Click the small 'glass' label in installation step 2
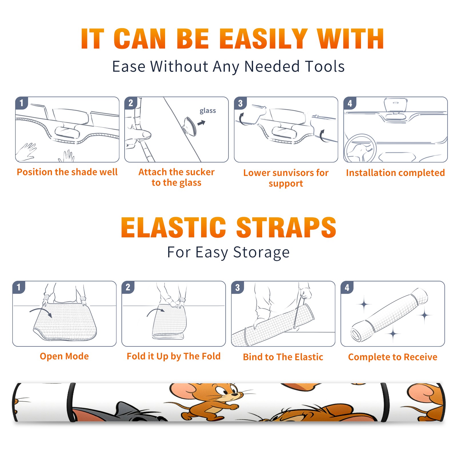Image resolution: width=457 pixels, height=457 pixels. (x=208, y=111)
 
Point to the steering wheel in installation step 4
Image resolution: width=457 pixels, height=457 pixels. (x=360, y=148)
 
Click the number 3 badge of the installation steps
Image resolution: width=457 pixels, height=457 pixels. (x=240, y=103)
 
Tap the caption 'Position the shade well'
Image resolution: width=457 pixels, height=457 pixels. (x=67, y=172)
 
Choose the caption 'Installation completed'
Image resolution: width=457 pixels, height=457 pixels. (x=395, y=173)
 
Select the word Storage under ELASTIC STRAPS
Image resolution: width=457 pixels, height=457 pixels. (x=261, y=252)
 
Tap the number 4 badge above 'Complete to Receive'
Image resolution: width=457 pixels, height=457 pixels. (x=347, y=287)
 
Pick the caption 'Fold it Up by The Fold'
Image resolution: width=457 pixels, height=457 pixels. (x=174, y=356)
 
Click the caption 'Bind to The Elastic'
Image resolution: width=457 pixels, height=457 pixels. (x=283, y=357)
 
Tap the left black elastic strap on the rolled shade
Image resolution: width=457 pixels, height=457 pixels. (x=71, y=402)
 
